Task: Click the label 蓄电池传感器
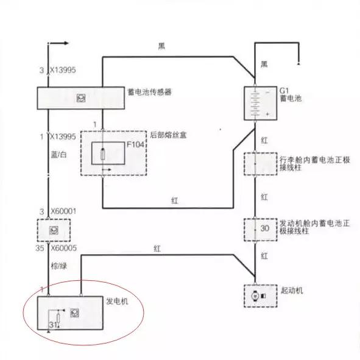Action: click(149, 92)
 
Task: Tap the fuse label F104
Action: click(135, 144)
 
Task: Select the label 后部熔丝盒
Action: click(168, 135)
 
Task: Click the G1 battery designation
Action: click(284, 91)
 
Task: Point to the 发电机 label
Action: click(117, 302)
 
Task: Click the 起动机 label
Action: click(292, 291)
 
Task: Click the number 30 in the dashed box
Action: click(265, 228)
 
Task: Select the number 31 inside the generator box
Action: click(53, 325)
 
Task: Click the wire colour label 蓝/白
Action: click(58, 155)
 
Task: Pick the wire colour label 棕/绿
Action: click(59, 266)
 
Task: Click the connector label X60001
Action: click(63, 211)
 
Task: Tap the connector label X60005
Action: click(63, 248)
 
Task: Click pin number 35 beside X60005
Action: click(40, 248)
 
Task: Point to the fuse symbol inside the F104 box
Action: click(103, 154)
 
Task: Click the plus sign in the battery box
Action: click(267, 114)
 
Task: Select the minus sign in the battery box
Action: click(267, 93)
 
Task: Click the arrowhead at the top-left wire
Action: click(66, 43)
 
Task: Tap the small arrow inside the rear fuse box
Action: click(107, 170)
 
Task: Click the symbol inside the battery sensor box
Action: click(81, 98)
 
